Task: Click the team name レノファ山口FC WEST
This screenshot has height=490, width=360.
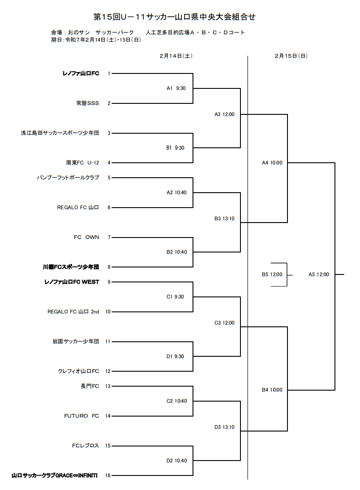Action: (72, 282)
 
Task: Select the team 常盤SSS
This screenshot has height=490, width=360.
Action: (87, 103)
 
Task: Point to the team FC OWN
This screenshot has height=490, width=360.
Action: (86, 237)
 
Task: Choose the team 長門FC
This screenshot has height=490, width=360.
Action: (90, 386)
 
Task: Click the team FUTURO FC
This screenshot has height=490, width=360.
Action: (82, 416)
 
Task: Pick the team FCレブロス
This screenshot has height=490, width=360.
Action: (85, 446)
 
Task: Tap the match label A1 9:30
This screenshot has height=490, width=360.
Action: (176, 88)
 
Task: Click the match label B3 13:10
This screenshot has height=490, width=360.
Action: (224, 219)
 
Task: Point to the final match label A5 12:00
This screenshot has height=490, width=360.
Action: (318, 274)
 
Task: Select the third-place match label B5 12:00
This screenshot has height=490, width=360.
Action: (272, 274)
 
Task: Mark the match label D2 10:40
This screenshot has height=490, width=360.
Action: (176, 461)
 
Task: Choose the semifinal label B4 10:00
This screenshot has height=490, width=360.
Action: (272, 390)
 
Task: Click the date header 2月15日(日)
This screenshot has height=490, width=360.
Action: (291, 56)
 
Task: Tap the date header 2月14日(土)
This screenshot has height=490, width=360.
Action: (176, 56)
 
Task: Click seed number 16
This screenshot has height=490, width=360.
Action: (108, 475)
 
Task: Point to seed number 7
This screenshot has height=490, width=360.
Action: (109, 237)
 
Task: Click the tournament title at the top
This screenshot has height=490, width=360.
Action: (175, 17)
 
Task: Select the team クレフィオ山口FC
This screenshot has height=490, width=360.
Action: (78, 371)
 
